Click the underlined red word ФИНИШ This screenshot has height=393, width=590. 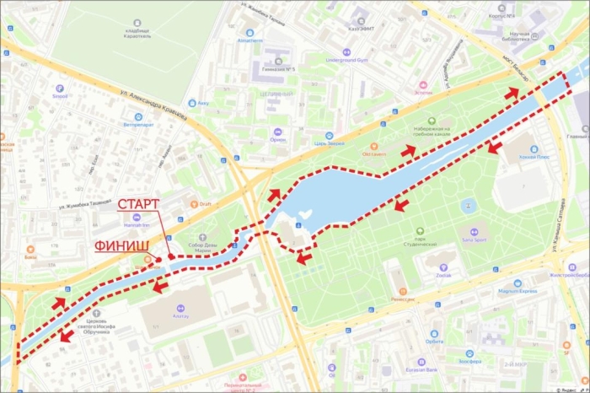[x=122, y=246]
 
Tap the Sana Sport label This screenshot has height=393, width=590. [x=474, y=241]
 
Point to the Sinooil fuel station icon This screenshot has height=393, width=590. [x=59, y=89]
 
